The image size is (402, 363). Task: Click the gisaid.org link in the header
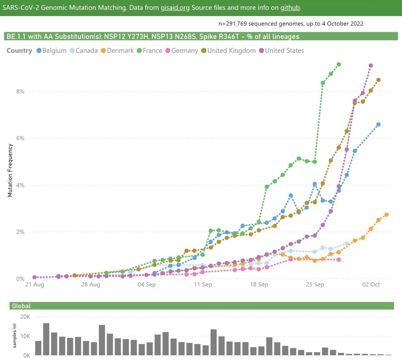point(175,7)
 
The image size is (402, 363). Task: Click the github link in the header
point(290,7)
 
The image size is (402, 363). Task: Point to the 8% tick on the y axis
point(20,92)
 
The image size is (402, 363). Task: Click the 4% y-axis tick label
point(20,185)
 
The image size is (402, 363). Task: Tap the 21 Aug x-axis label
point(35,285)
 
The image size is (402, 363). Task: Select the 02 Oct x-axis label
point(371,285)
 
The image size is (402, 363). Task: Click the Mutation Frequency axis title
point(10,170)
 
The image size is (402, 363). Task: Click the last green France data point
point(339,64)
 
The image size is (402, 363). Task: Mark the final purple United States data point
point(371,66)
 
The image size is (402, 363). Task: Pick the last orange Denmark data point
point(386,215)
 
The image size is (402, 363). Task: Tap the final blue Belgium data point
point(379,124)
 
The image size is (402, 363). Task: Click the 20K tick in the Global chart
point(25,317)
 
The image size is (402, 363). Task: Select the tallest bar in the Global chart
point(46,339)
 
